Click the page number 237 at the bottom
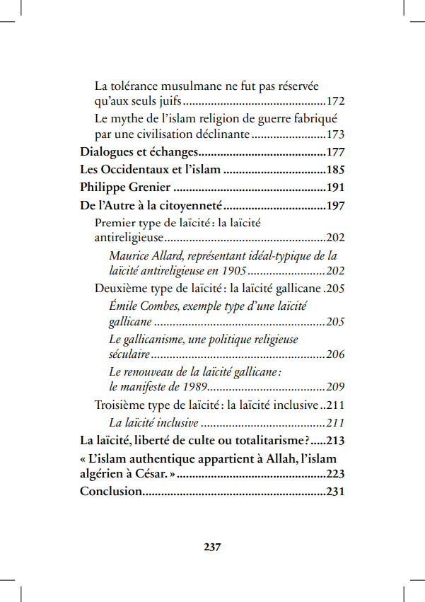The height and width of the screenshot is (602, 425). tap(212, 548)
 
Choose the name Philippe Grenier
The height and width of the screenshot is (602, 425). tap(125, 187)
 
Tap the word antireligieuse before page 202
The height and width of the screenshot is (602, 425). tap(129, 238)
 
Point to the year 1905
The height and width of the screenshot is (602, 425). tap(232, 271)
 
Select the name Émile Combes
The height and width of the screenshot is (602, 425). tap(140, 306)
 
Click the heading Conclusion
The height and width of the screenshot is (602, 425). tap(110, 492)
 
